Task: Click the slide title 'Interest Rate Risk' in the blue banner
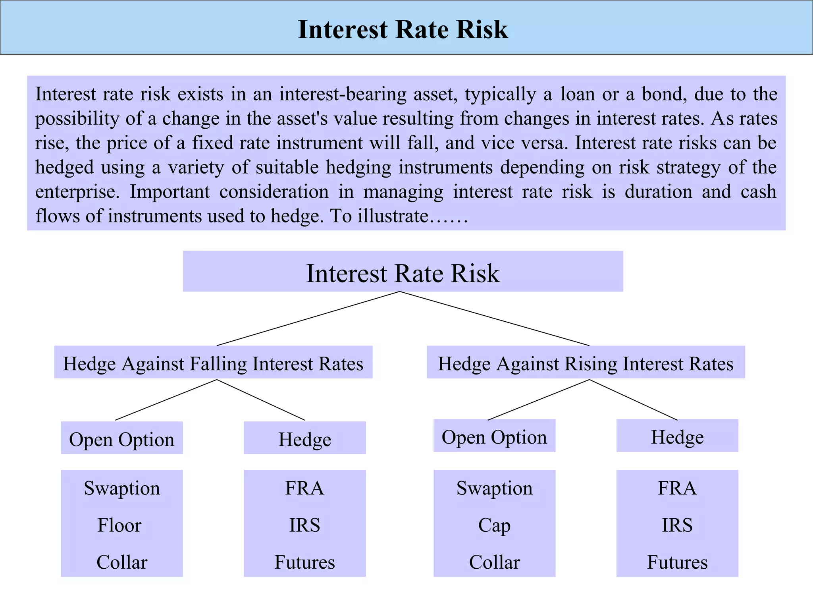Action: click(x=403, y=29)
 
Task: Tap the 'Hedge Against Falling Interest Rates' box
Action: click(x=213, y=363)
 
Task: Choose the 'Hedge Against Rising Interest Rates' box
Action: click(x=586, y=363)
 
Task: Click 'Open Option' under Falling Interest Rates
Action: click(x=121, y=439)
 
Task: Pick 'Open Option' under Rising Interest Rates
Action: click(x=494, y=436)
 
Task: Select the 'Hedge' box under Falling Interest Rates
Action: click(x=304, y=439)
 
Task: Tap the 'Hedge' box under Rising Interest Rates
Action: click(x=677, y=436)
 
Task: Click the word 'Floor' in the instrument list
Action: click(x=119, y=525)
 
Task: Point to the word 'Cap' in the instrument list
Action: click(x=494, y=525)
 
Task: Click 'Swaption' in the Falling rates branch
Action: click(x=121, y=488)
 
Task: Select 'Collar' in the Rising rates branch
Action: click(x=494, y=562)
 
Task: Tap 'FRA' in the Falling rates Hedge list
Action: click(x=304, y=488)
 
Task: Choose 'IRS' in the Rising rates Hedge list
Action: click(x=677, y=525)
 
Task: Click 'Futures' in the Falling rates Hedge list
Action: click(x=304, y=562)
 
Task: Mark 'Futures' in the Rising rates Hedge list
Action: click(x=677, y=562)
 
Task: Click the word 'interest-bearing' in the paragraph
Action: click(x=343, y=94)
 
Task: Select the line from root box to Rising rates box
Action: click(x=494, y=319)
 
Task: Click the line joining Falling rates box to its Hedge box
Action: click(x=261, y=400)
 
